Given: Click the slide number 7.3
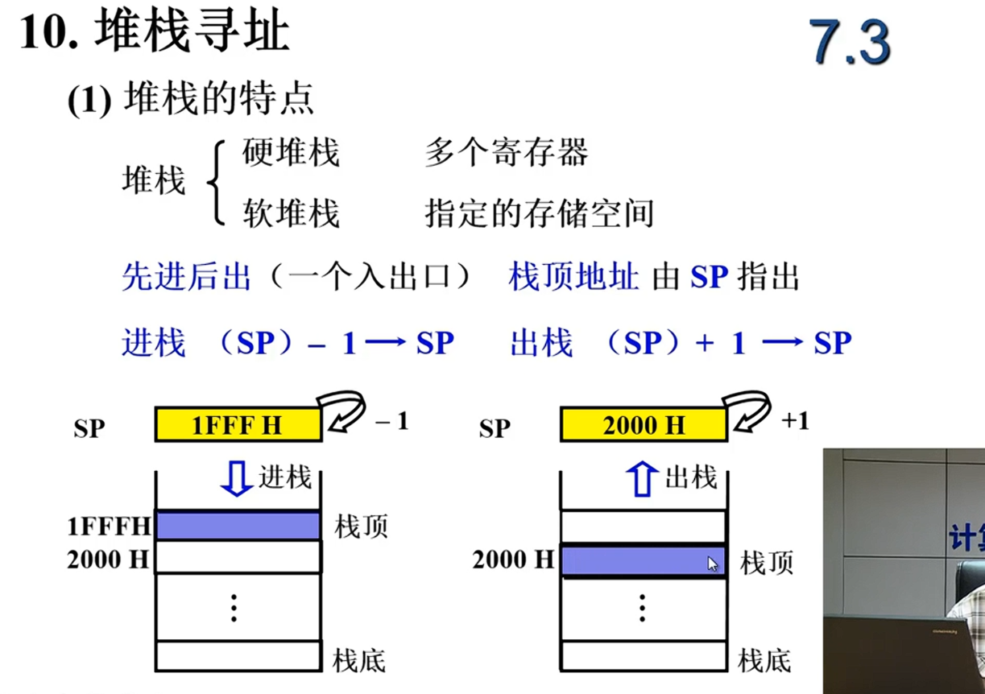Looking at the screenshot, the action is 851,42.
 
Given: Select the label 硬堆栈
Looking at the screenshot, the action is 291,153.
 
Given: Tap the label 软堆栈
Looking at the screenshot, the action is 291,213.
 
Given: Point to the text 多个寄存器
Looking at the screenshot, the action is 506,153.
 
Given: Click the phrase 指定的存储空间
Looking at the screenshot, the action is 539,213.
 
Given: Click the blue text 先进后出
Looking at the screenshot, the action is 186,278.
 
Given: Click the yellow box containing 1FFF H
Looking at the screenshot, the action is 238,424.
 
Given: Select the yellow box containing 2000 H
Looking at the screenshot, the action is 644,424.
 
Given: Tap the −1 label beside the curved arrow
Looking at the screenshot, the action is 391,421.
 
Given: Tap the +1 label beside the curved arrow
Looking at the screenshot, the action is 795,421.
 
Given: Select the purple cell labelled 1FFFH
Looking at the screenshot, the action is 238,526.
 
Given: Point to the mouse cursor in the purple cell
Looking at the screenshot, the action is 713,564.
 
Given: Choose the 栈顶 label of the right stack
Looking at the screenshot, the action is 767,563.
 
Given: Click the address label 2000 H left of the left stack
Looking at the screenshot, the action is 108,560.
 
